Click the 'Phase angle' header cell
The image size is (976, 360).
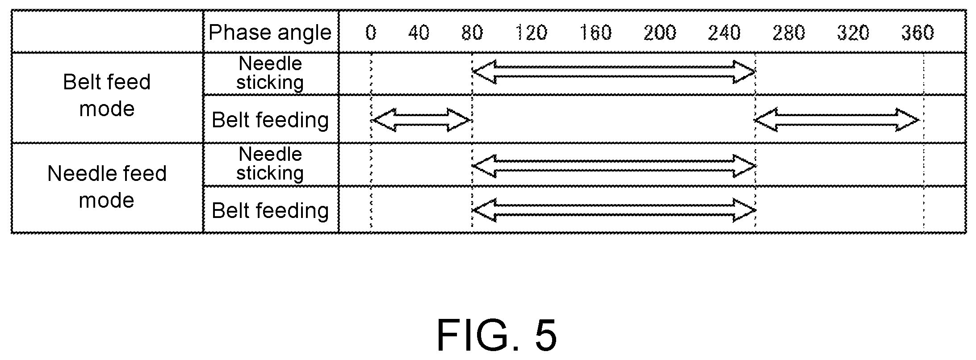(x=270, y=33)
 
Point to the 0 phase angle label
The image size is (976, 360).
(x=371, y=33)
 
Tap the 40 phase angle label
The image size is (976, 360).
(x=419, y=33)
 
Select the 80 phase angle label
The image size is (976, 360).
(x=472, y=33)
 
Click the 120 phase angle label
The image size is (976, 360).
(x=531, y=33)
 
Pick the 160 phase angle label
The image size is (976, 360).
(x=595, y=33)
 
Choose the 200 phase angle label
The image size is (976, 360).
(x=660, y=33)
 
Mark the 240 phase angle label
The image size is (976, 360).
(x=724, y=33)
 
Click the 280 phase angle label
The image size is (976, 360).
(x=788, y=33)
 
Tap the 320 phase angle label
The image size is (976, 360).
(x=853, y=33)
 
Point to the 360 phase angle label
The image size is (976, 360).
(x=917, y=33)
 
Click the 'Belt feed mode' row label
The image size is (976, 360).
(x=107, y=95)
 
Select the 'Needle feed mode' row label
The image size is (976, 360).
(x=107, y=186)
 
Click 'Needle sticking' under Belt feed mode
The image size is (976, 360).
(x=270, y=73)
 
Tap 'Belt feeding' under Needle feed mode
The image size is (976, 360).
(x=270, y=210)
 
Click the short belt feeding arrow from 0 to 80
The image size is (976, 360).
(x=421, y=120)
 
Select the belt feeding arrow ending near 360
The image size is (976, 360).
(x=837, y=120)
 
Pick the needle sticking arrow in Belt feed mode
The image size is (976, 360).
(x=614, y=72)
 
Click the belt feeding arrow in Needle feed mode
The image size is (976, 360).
(x=614, y=210)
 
